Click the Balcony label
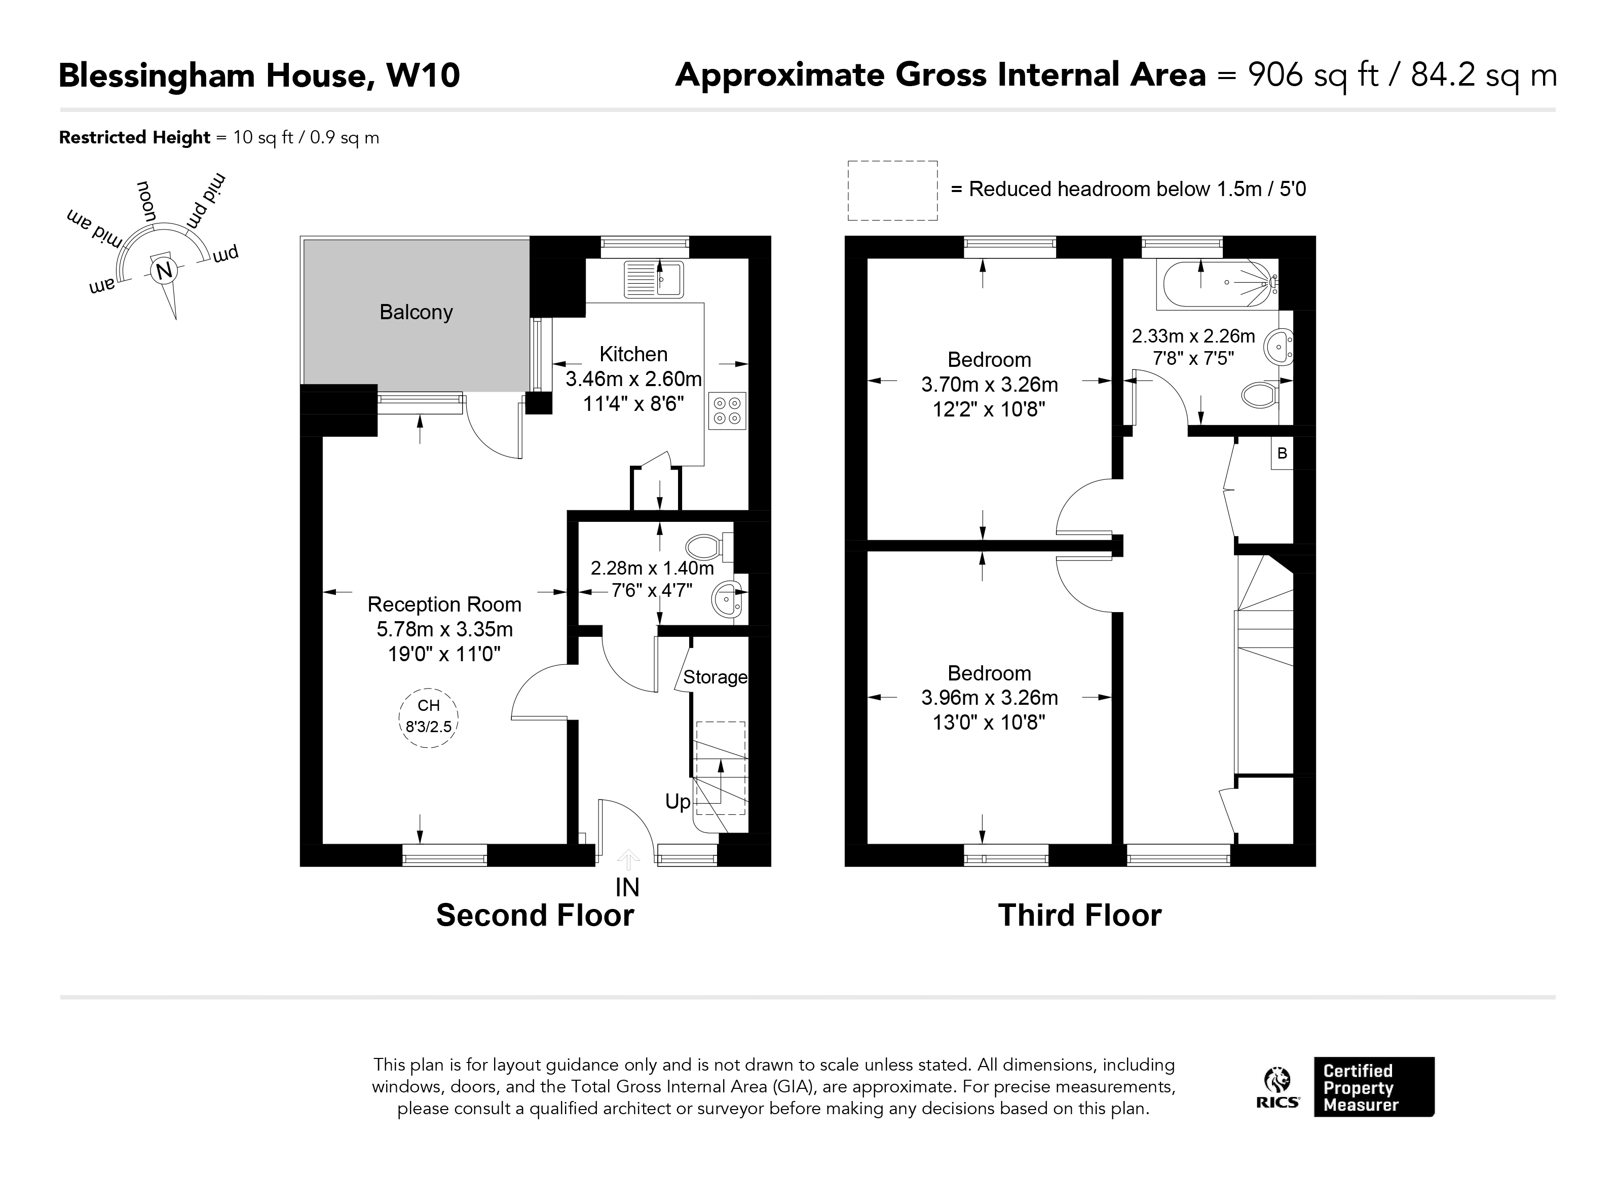click(x=416, y=312)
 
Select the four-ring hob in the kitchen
click(x=728, y=411)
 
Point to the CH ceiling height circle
click(x=428, y=717)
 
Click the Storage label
click(x=715, y=677)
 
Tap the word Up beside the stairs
click(x=678, y=802)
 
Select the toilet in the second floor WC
click(x=707, y=547)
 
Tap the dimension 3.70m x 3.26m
click(x=989, y=385)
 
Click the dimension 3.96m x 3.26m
click(x=989, y=698)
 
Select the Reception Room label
click(x=444, y=604)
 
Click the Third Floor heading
click(x=1079, y=916)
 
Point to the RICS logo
click(x=1277, y=1088)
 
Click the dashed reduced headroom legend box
click(x=892, y=190)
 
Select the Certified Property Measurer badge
click(x=1373, y=1087)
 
